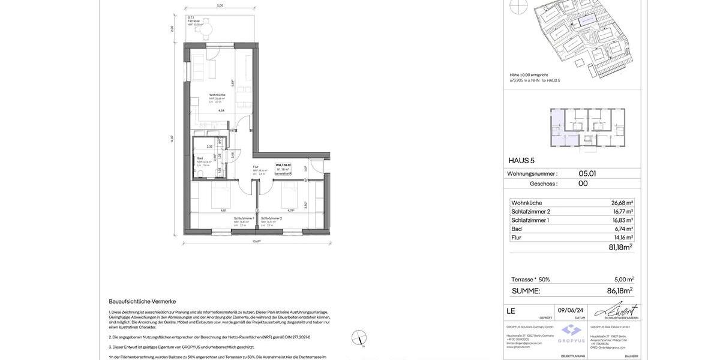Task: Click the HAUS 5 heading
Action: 521,161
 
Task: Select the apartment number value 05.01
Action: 587,173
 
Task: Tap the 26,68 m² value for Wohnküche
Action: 622,203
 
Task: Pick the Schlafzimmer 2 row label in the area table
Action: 530,212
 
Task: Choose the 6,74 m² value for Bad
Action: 623,229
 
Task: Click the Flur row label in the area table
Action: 516,238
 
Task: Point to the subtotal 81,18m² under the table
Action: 620,247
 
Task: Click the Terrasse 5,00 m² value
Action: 624,280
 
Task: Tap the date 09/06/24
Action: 570,310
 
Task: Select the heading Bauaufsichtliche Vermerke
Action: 142,301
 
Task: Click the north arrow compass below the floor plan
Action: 359,338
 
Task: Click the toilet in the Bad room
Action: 203,174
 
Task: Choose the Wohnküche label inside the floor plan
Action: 217,95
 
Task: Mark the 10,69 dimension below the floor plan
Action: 256,241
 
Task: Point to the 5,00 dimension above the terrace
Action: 220,5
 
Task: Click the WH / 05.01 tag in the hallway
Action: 283,165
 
